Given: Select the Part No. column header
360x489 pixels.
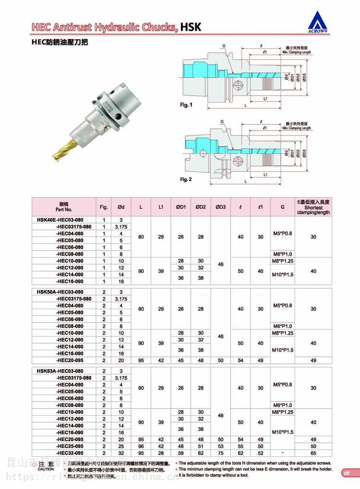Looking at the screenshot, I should click(x=63, y=206).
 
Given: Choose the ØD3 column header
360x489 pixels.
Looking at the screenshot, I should click(x=221, y=206).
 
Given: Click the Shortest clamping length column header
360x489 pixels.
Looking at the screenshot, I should click(x=313, y=206).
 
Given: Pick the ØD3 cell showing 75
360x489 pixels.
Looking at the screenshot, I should click(x=221, y=453).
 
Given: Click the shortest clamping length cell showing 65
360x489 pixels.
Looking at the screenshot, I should click(x=313, y=453).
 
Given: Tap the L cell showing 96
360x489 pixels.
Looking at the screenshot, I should click(x=141, y=446).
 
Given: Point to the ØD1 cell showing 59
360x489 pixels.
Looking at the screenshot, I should click(x=181, y=453).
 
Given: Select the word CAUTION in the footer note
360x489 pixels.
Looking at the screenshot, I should click(x=47, y=469).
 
